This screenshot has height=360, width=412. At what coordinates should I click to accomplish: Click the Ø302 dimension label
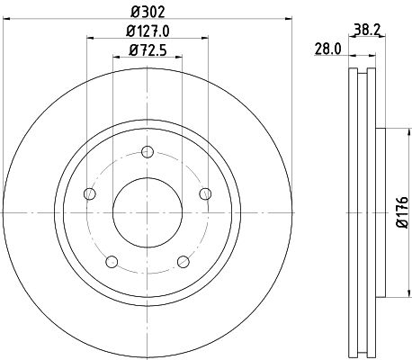click(x=148, y=13)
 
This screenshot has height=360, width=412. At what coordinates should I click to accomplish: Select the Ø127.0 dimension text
click(x=148, y=32)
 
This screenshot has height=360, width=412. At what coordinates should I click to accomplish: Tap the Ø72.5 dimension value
click(x=148, y=51)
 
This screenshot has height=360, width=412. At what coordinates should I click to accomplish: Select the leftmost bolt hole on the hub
click(x=88, y=193)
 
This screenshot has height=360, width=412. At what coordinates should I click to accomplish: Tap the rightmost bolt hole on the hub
click(x=206, y=193)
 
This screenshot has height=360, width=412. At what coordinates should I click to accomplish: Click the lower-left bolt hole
click(x=112, y=262)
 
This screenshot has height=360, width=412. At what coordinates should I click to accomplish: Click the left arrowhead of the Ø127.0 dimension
click(x=91, y=38)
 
